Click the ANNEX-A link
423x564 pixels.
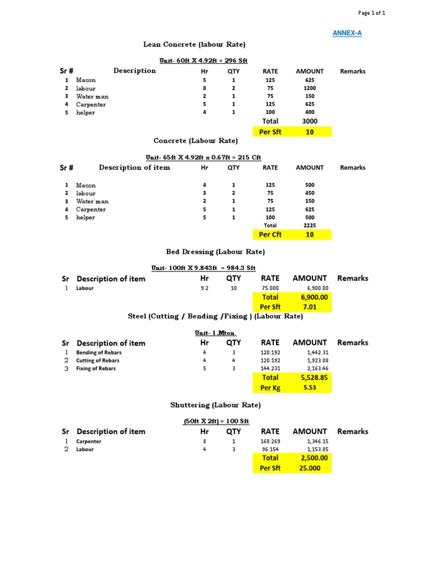[347, 33]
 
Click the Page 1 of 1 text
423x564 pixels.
[372, 13]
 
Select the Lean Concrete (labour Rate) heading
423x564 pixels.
[194, 44]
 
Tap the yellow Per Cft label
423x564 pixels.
[270, 235]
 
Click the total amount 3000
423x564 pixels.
[310, 121]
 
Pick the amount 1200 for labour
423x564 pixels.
[310, 88]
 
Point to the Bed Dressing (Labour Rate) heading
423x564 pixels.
[215, 252]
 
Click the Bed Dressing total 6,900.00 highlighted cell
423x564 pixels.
[314, 297]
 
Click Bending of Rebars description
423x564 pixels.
[99, 352]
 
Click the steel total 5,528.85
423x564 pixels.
[314, 378]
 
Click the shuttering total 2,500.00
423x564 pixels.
[314, 458]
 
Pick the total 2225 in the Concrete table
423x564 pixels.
[310, 225]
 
